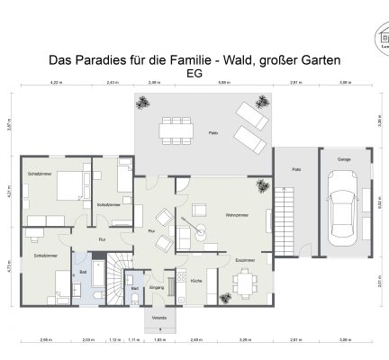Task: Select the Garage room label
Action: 343,158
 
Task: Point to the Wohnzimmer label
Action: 237,214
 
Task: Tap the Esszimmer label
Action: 245,259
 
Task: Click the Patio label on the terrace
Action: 213,133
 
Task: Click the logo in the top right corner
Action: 382,39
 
